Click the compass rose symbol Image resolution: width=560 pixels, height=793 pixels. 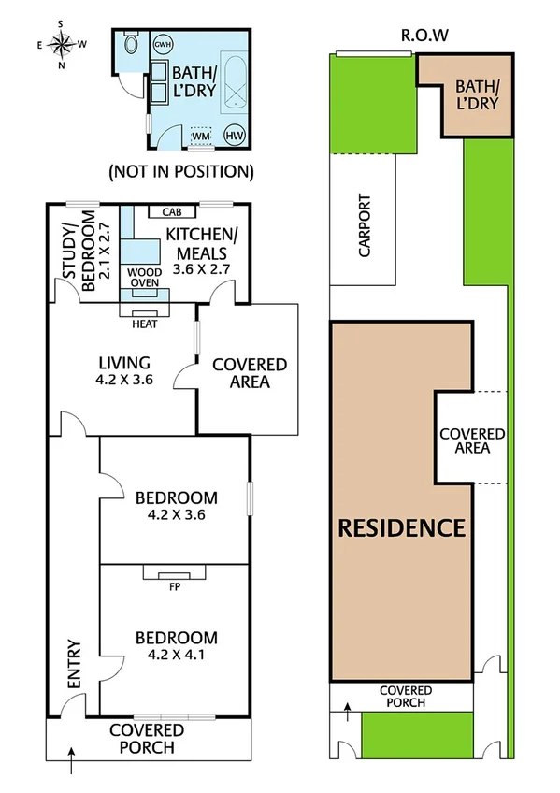[x=61, y=43]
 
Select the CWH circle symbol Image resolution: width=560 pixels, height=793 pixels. [x=163, y=45]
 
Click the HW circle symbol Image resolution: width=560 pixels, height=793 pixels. [x=231, y=136]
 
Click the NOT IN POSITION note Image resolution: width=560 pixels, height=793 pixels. [x=180, y=171]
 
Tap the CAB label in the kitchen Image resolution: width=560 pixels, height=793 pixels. [x=171, y=211]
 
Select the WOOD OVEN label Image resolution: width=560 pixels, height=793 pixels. [x=144, y=277]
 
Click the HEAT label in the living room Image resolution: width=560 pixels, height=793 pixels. [x=144, y=325]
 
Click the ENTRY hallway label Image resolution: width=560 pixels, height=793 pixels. [x=75, y=662]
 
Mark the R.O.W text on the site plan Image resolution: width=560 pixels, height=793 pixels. [x=425, y=36]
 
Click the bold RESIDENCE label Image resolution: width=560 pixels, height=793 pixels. [x=400, y=527]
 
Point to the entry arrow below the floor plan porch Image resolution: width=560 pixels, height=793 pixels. [x=72, y=766]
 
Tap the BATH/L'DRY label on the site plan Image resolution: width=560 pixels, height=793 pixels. [x=477, y=94]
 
